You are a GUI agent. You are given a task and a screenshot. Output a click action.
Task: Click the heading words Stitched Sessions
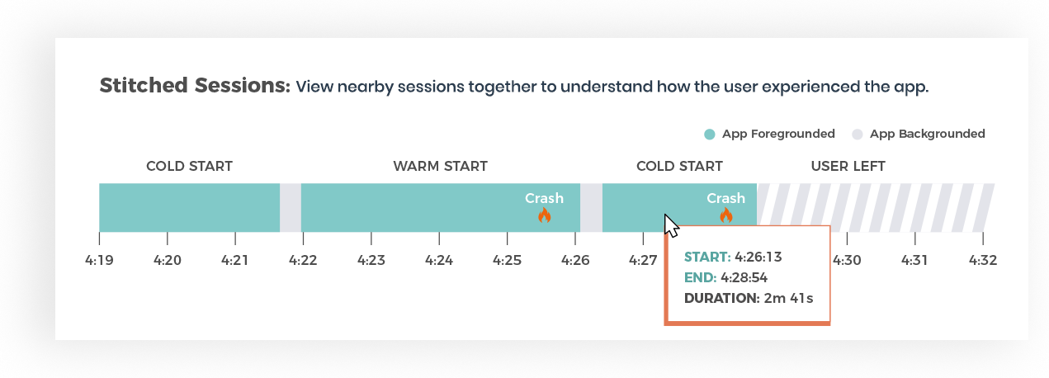(x=195, y=86)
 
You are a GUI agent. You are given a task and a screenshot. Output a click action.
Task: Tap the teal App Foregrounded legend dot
(x=710, y=135)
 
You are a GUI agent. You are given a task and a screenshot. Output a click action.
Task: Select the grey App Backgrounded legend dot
(x=857, y=135)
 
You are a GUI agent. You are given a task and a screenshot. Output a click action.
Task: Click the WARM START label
(x=440, y=166)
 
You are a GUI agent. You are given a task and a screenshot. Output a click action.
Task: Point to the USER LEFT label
(x=848, y=166)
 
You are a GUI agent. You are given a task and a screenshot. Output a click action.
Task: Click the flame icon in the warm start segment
(x=544, y=215)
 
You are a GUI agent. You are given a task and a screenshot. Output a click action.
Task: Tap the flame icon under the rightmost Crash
(x=725, y=215)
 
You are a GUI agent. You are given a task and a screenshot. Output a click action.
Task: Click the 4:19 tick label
(x=99, y=260)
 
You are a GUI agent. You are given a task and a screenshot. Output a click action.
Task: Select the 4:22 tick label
(x=303, y=260)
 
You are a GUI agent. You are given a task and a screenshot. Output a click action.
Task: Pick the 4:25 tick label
(x=508, y=260)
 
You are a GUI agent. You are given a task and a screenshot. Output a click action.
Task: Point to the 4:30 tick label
(x=847, y=260)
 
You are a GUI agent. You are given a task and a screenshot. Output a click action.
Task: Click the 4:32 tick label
(x=983, y=260)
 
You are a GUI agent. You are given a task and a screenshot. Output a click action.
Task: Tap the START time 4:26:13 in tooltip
(x=758, y=258)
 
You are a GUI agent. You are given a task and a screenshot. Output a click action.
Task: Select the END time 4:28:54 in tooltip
(x=744, y=278)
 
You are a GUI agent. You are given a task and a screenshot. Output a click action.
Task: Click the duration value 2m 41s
(x=789, y=299)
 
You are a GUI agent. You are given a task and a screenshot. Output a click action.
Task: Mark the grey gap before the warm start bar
(x=291, y=207)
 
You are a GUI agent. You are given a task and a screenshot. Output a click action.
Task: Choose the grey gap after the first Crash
(x=591, y=207)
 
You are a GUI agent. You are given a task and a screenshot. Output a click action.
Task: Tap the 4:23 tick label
(x=371, y=260)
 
